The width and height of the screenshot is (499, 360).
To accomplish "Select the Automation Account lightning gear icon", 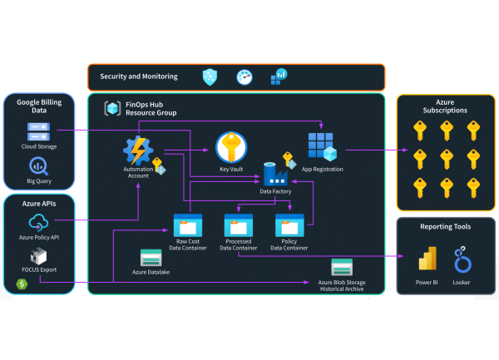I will tap(137, 151).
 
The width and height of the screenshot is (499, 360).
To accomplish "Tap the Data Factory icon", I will tap(274, 174).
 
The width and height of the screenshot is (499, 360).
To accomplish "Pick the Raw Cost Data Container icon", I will tap(187, 224).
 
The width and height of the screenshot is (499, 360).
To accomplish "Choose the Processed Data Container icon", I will tap(239, 224).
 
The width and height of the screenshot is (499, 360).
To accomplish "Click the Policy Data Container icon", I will tap(289, 224).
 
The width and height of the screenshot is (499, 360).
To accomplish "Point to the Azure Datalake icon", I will tap(151, 257).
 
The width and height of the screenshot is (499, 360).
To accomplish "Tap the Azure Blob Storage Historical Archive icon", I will tap(342, 267).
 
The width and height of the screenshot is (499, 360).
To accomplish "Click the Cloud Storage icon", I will tap(40, 131).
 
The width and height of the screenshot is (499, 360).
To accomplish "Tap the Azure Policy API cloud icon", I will tap(40, 222).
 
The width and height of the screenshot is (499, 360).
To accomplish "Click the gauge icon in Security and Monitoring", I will tap(244, 77).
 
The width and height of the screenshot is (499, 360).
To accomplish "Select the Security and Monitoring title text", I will tap(139, 76).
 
